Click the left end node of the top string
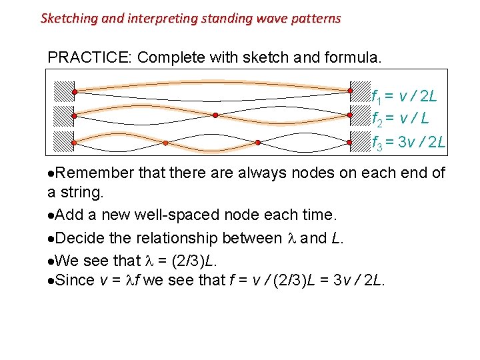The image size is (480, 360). tap(75, 91)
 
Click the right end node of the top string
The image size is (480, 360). tap(349, 91)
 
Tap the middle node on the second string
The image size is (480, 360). tap(215, 115)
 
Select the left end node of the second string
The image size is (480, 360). tap(75, 115)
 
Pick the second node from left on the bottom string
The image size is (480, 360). tap(165, 142)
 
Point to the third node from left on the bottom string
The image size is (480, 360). tap(258, 142)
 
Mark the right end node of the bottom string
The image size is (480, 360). tap(349, 142)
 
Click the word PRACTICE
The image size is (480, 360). tap(89, 57)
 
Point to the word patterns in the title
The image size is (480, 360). tap(316, 19)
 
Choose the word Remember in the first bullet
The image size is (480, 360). tap(91, 173)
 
